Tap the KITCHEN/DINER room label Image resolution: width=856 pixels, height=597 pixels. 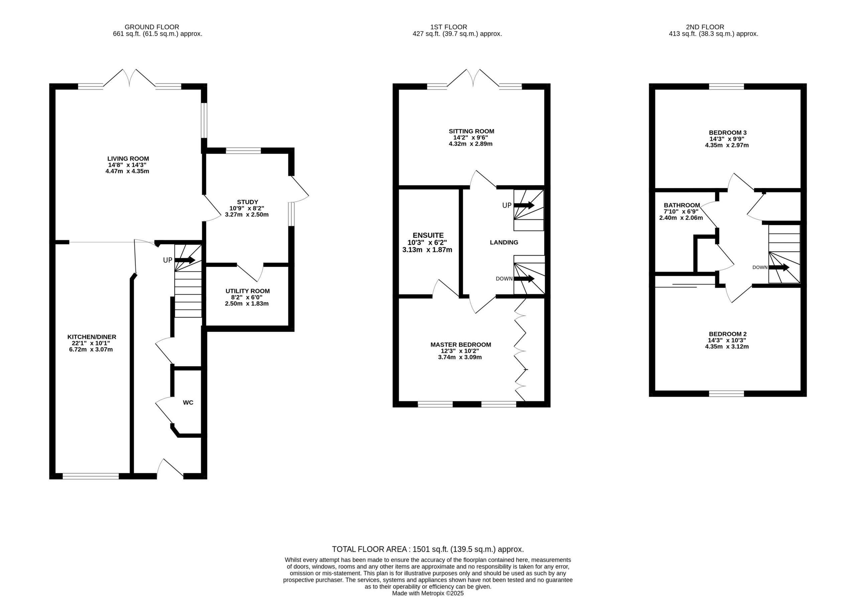92,337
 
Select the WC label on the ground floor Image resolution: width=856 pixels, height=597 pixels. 188,402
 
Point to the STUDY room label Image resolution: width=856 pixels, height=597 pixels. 247,202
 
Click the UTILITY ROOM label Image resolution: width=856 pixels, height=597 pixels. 247,291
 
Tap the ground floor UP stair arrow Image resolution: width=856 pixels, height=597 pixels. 185,260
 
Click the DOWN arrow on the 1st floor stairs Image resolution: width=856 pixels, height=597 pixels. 524,279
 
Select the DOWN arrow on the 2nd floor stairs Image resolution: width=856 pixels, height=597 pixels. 779,267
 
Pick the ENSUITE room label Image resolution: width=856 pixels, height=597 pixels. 428,235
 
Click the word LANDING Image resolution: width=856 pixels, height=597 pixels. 504,242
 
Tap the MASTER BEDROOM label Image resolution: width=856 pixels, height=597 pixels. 461,344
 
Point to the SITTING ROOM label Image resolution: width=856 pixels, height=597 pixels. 471,131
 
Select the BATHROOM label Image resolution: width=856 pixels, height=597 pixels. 682,205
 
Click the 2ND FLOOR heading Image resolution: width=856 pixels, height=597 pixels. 705,27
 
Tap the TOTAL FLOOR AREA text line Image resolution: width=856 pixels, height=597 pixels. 428,549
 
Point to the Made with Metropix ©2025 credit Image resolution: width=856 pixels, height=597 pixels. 428,593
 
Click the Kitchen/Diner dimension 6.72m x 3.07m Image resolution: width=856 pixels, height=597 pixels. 91,350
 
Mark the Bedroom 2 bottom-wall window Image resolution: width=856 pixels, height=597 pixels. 727,393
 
